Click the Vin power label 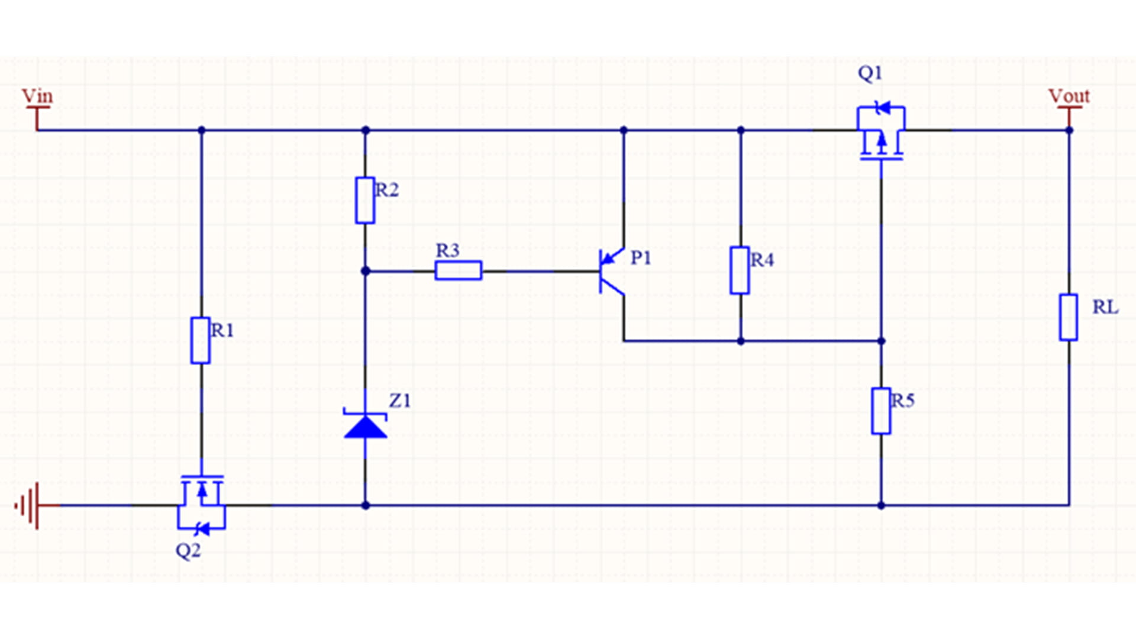click(37, 96)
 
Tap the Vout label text click(1069, 96)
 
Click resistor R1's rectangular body click(201, 340)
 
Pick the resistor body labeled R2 click(365, 200)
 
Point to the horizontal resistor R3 click(458, 270)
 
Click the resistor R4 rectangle click(740, 270)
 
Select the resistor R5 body click(880, 411)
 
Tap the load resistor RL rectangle click(1068, 317)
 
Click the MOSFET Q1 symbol click(881, 133)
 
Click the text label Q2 click(188, 551)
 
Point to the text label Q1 click(870, 73)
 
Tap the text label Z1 click(399, 401)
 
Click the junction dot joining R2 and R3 click(365, 271)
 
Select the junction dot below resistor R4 click(740, 341)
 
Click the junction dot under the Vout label click(1069, 130)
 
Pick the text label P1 click(640, 258)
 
